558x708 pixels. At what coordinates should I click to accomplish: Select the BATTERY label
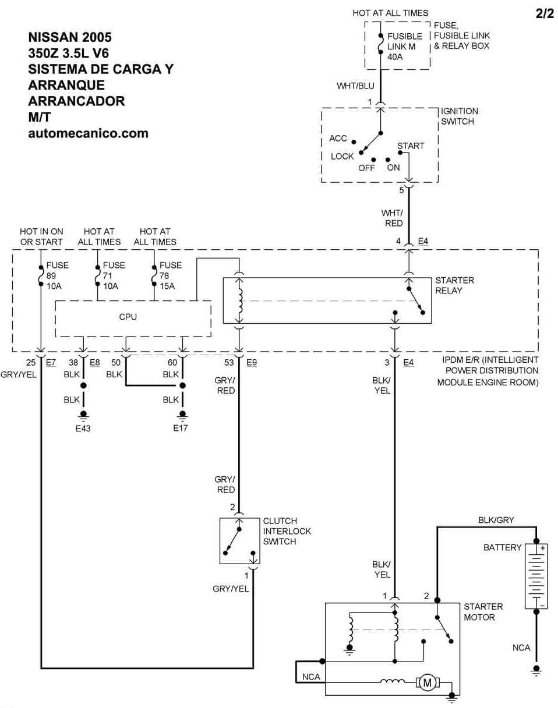tap(502, 548)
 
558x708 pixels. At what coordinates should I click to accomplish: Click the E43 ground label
tap(83, 429)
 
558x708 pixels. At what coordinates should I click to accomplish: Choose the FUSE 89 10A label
tap(57, 275)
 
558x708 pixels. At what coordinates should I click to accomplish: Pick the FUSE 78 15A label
tap(171, 275)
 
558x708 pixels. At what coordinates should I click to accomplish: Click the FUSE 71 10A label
tap(114, 275)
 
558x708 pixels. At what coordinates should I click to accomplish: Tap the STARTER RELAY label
tap(454, 285)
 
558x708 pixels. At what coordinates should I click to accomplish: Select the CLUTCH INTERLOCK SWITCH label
tap(287, 531)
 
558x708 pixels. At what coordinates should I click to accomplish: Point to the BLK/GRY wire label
tap(496, 520)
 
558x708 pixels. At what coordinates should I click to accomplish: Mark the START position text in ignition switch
tap(411, 146)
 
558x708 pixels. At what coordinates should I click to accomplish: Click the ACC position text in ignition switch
tap(338, 139)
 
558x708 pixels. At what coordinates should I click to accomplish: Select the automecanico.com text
tap(88, 133)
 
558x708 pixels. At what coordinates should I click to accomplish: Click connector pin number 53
tap(229, 362)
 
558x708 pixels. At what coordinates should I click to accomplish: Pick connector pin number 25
tap(31, 362)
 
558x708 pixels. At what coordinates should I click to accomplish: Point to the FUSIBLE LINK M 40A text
tap(404, 47)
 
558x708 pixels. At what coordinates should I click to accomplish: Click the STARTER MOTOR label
tap(483, 611)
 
